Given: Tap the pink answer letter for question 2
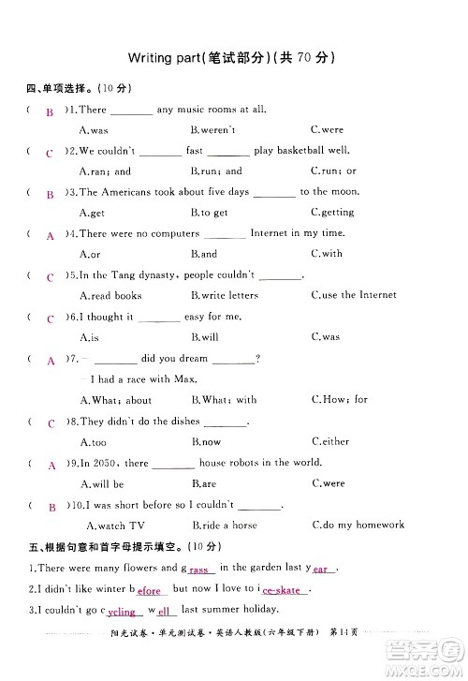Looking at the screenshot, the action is (50, 153).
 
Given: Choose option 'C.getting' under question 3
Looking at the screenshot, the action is (331, 213).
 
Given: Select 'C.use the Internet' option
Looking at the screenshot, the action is (353, 295).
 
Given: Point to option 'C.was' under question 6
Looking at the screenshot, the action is (325, 337).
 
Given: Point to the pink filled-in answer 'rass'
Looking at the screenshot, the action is (199, 570).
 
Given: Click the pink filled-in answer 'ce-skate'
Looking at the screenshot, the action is (282, 591).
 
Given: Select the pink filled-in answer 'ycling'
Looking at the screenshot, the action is (122, 613).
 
